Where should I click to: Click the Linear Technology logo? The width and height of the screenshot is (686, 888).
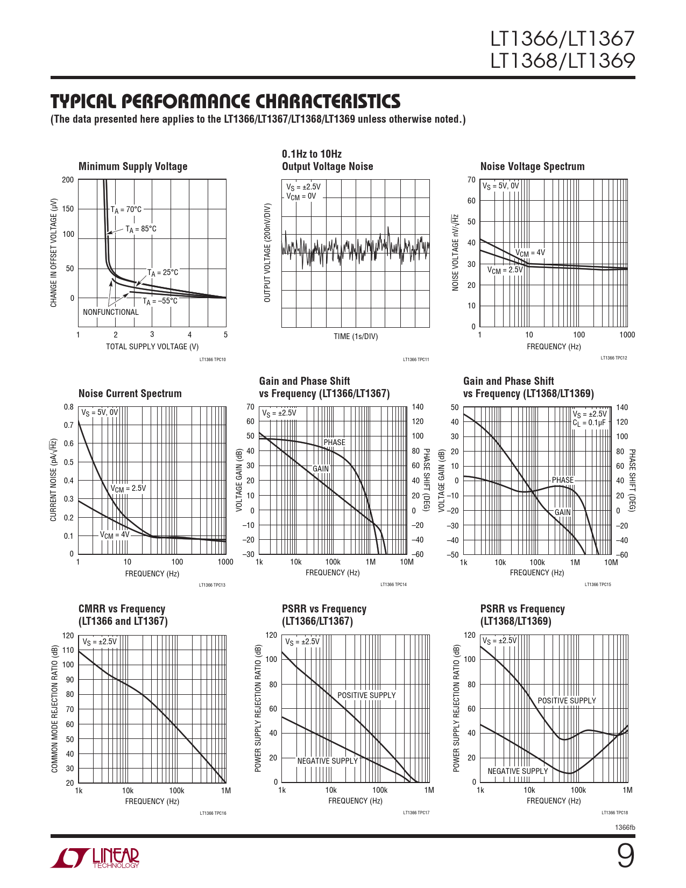[95, 858]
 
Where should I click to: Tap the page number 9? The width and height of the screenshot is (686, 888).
[625, 856]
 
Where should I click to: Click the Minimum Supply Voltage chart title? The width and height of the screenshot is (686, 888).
[133, 166]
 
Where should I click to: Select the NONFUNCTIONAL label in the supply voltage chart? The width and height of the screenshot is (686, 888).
[111, 312]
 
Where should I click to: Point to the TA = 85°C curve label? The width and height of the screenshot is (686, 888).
[141, 229]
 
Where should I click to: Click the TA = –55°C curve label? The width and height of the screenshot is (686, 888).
[160, 301]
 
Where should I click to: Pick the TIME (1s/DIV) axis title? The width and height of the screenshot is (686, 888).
[356, 336]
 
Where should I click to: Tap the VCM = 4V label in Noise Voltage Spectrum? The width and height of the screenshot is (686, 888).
[530, 252]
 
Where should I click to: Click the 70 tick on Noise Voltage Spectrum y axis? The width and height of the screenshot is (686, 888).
[471, 180]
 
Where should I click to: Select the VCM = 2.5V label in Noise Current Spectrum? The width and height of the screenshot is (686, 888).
[128, 488]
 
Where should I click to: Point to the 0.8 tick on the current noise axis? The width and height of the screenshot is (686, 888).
[69, 407]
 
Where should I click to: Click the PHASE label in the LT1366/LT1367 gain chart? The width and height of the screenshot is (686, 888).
[334, 442]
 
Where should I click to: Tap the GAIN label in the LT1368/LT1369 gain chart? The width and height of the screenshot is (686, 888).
[562, 512]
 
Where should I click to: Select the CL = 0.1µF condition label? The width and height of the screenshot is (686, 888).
[589, 423]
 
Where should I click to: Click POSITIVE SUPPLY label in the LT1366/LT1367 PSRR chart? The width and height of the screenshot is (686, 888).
[366, 695]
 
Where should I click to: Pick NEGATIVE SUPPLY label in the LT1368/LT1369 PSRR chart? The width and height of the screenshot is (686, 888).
[518, 771]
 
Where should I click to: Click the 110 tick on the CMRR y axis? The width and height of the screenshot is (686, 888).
[68, 650]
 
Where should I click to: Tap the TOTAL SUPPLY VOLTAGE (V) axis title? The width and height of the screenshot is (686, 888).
[152, 347]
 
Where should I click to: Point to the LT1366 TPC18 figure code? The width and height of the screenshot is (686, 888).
[614, 813]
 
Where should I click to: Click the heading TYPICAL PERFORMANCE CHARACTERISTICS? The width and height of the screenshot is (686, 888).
[225, 102]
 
